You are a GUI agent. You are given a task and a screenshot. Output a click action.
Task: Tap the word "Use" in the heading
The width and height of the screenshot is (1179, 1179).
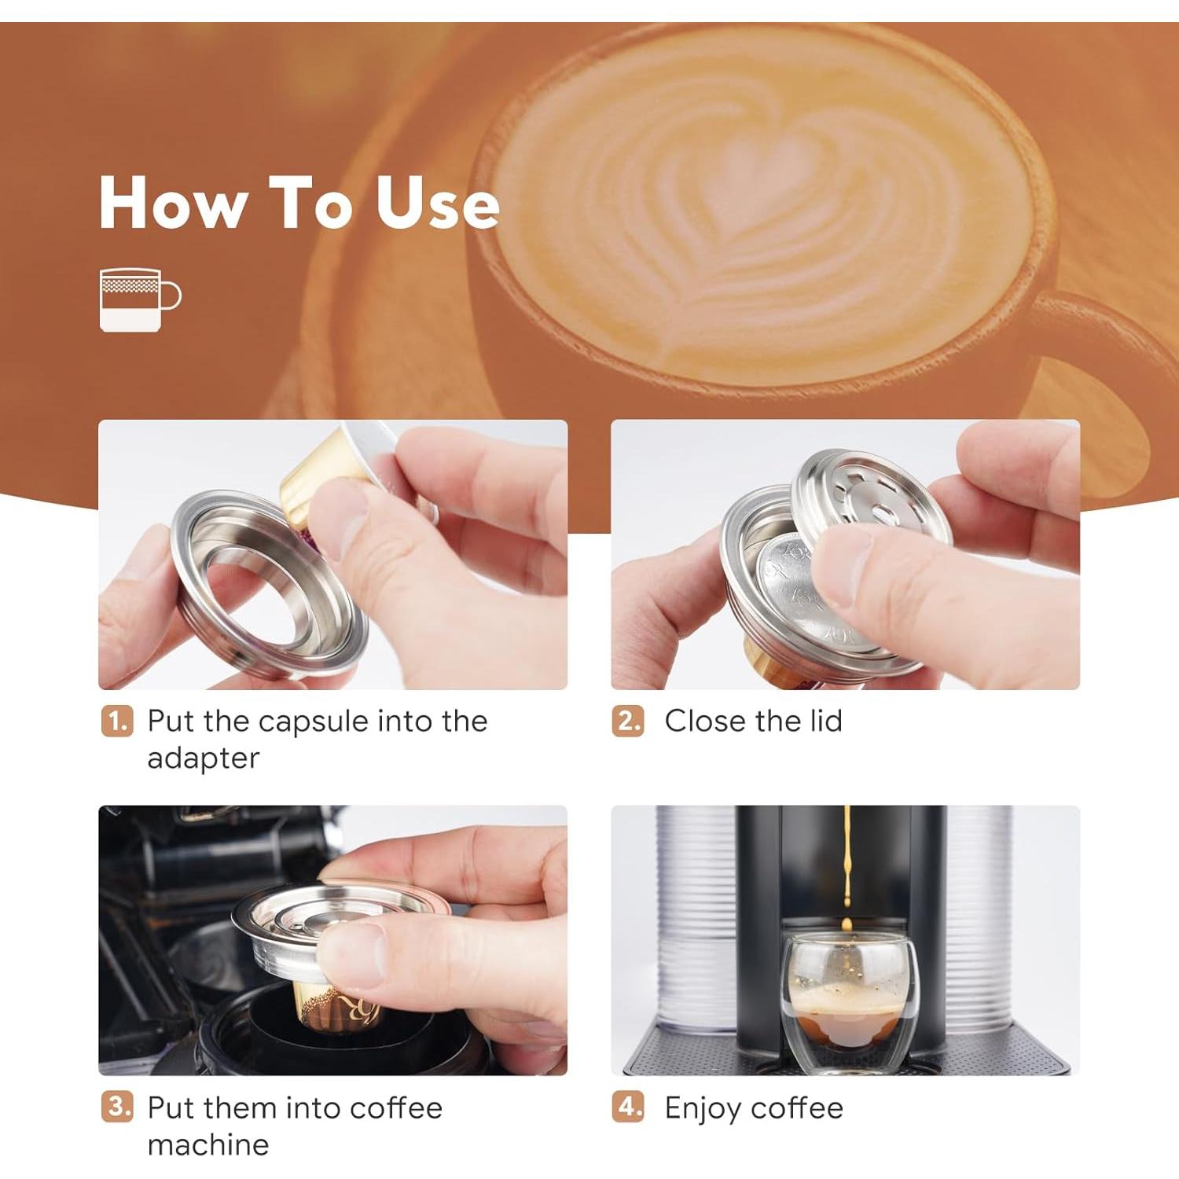pyautogui.click(x=437, y=203)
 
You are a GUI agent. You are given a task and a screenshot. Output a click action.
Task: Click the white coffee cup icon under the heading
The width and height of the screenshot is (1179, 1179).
pyautogui.click(x=138, y=299)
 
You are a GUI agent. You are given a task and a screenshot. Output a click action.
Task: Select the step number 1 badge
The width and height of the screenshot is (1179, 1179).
pyautogui.click(x=117, y=721)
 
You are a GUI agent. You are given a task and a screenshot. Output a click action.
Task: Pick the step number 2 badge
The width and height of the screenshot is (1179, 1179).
pyautogui.click(x=628, y=721)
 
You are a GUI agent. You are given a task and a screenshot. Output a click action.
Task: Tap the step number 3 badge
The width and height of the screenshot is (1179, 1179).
pyautogui.click(x=117, y=1107)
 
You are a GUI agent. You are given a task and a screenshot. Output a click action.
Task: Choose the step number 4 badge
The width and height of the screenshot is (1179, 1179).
pyautogui.click(x=628, y=1107)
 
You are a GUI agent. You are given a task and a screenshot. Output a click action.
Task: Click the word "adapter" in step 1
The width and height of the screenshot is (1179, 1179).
pyautogui.click(x=203, y=758)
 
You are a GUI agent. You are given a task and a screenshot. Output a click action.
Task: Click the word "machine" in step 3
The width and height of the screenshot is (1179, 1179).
pyautogui.click(x=208, y=1144)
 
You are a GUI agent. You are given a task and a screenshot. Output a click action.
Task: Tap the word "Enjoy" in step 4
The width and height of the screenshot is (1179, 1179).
pyautogui.click(x=703, y=1108)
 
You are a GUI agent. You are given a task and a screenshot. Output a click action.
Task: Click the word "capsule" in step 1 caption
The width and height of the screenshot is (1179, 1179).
pyautogui.click(x=314, y=722)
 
